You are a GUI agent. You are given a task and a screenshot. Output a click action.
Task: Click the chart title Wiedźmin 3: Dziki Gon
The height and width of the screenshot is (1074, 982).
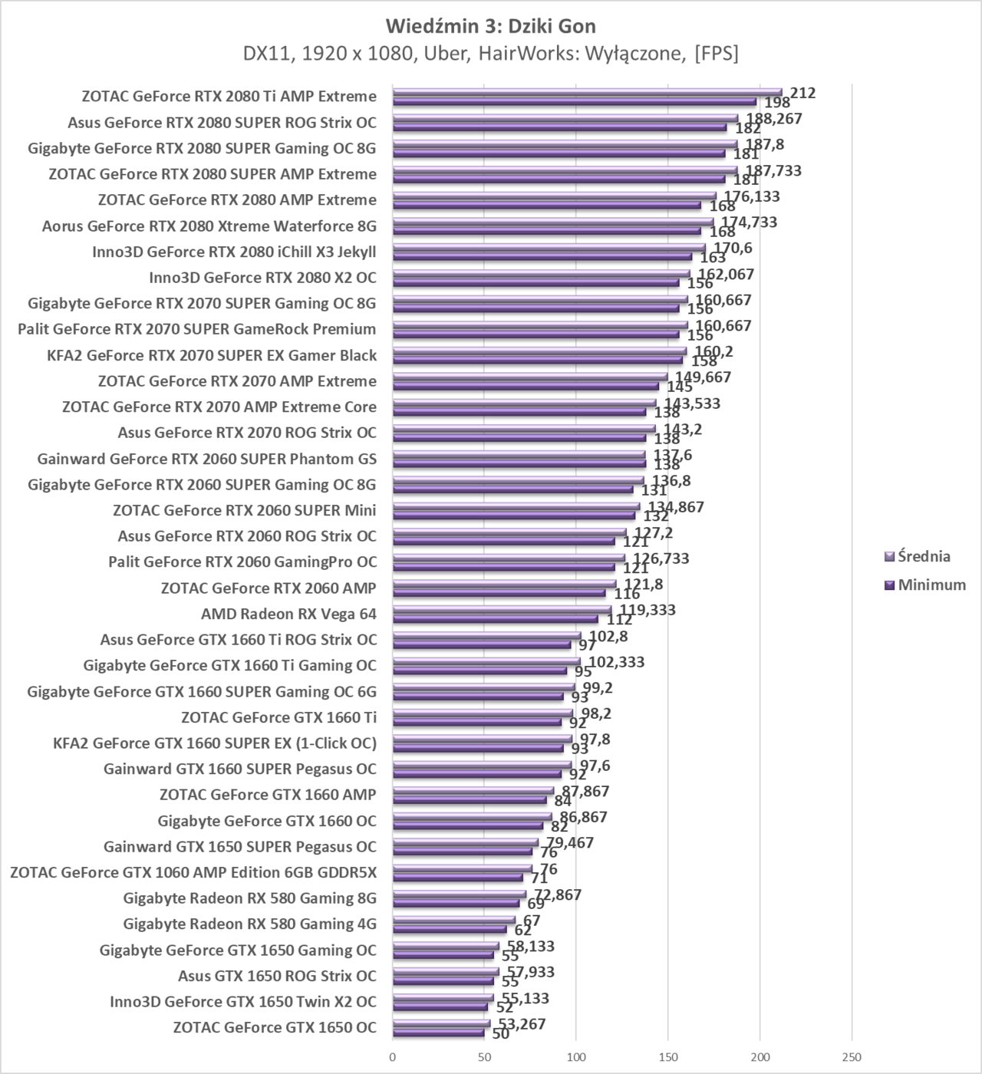(x=491, y=26)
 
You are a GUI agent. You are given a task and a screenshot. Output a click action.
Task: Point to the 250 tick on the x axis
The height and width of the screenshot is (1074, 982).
(x=852, y=1057)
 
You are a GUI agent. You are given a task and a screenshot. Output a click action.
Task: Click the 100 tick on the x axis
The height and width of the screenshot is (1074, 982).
(x=576, y=1057)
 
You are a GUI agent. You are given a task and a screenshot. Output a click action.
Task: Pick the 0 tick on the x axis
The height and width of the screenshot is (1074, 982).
(x=393, y=1057)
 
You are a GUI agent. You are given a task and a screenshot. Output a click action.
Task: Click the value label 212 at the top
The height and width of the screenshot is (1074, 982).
(x=802, y=93)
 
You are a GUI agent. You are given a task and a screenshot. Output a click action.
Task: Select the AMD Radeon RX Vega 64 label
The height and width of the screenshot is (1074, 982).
(x=288, y=614)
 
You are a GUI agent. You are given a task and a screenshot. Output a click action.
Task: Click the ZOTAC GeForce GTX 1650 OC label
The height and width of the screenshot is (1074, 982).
(x=275, y=1027)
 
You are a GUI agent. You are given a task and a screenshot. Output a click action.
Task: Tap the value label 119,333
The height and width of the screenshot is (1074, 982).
(x=648, y=611)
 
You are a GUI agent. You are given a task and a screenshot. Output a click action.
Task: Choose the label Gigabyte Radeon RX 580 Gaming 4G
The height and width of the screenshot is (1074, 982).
(x=249, y=924)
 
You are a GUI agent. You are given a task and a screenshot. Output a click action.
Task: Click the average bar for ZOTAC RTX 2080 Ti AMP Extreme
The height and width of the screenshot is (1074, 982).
(x=587, y=92)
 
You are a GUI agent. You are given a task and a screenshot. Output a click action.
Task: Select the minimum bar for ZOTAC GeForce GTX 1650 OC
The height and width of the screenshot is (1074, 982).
(x=438, y=1033)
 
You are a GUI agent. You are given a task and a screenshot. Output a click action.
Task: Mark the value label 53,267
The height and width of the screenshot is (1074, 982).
(x=520, y=1023)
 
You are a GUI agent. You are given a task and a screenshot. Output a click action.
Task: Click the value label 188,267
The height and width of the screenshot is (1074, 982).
(x=773, y=119)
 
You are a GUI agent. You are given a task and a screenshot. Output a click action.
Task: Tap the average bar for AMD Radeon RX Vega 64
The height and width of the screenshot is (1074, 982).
(x=502, y=610)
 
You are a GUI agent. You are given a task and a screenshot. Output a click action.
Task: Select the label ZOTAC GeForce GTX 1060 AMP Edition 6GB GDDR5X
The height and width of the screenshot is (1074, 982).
(x=193, y=872)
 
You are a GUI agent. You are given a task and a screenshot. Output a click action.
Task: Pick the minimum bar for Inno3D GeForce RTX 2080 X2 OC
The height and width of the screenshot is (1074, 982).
(x=535, y=282)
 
